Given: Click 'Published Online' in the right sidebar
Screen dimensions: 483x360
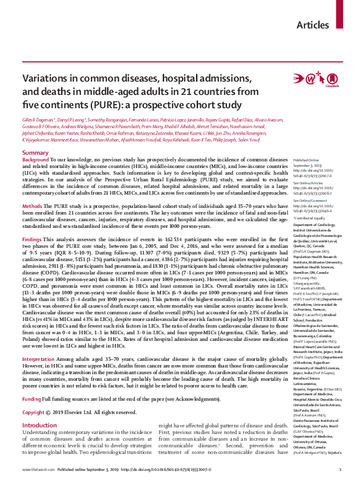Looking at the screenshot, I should point(306,159).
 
